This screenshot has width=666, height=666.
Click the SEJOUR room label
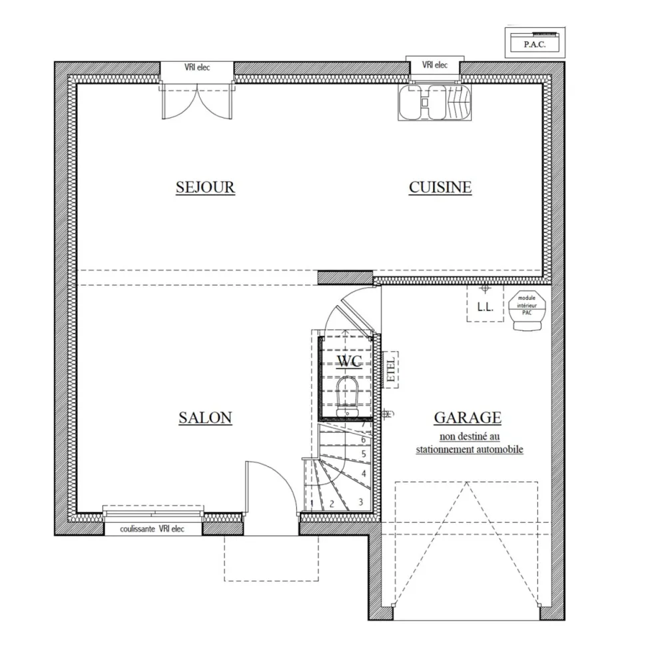click(x=205, y=187)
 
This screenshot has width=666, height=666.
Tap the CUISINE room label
click(x=440, y=187)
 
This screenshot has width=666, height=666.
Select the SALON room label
click(x=205, y=418)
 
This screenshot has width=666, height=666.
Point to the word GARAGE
click(x=467, y=418)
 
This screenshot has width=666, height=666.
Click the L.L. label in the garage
click(x=484, y=308)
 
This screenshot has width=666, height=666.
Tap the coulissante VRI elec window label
click(x=153, y=529)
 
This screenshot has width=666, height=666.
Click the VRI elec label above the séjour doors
click(x=196, y=67)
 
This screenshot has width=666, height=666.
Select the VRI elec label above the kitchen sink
click(x=434, y=65)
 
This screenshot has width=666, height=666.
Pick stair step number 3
click(x=360, y=501)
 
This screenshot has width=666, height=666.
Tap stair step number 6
click(x=363, y=440)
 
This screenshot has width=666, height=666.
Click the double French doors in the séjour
click(x=196, y=100)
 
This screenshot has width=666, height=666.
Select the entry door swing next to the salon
click(x=270, y=490)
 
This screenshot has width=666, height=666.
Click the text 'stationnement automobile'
click(x=470, y=450)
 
